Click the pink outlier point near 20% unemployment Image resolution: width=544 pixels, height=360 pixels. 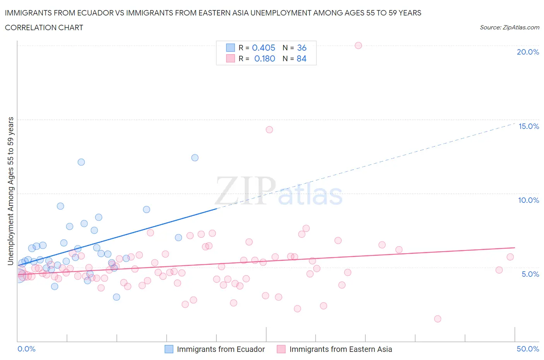coord(358,45)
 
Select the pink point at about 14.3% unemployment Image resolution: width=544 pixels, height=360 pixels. coord(269,130)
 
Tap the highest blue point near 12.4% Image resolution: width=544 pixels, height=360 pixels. coord(195,158)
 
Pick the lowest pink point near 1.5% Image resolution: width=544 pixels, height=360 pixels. coord(438,319)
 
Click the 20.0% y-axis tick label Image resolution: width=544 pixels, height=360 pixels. coord(528,52)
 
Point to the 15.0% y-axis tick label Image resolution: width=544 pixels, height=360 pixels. coord(529,126)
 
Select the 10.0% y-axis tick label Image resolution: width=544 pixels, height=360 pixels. coord(529,200)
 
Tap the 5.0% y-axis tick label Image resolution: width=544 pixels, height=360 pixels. coord(530,274)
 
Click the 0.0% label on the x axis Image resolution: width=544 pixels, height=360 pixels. coord(26,349)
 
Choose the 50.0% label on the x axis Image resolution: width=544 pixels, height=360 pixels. coord(528,349)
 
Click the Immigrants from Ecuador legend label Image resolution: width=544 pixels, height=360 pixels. coord(221,349)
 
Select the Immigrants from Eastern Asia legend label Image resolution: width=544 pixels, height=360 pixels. coord(340,349)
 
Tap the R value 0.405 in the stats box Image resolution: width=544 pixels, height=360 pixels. coord(263,48)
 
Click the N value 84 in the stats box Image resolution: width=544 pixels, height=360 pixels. coord(301,58)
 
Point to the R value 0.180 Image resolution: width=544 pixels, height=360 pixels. coord(265,58)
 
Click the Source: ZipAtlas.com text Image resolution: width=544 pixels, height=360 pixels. coord(509,27)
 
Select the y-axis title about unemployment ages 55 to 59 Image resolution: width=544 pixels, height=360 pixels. coord(10,191)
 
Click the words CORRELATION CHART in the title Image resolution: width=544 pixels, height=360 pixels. coord(44,27)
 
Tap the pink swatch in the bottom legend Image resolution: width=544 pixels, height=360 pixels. coord(281,349)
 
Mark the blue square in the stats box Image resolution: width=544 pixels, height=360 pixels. coord(231,48)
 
